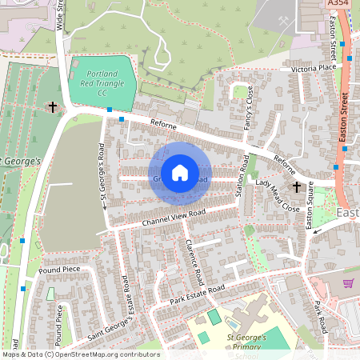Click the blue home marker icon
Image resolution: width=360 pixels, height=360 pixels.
pos(180,173)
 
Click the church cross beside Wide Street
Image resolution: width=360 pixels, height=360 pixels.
pos(54,106)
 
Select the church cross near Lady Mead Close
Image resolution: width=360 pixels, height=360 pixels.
pos(297,186)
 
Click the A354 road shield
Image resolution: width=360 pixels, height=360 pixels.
pos(338,5)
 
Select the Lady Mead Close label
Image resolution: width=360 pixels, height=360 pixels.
pos(278,195)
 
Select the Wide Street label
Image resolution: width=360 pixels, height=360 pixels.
pos(59,14)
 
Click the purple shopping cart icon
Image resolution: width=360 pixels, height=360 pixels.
pos(348,283)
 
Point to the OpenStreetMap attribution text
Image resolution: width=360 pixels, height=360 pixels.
pos(80,354)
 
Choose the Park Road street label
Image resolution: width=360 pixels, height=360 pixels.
pos(320,318)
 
